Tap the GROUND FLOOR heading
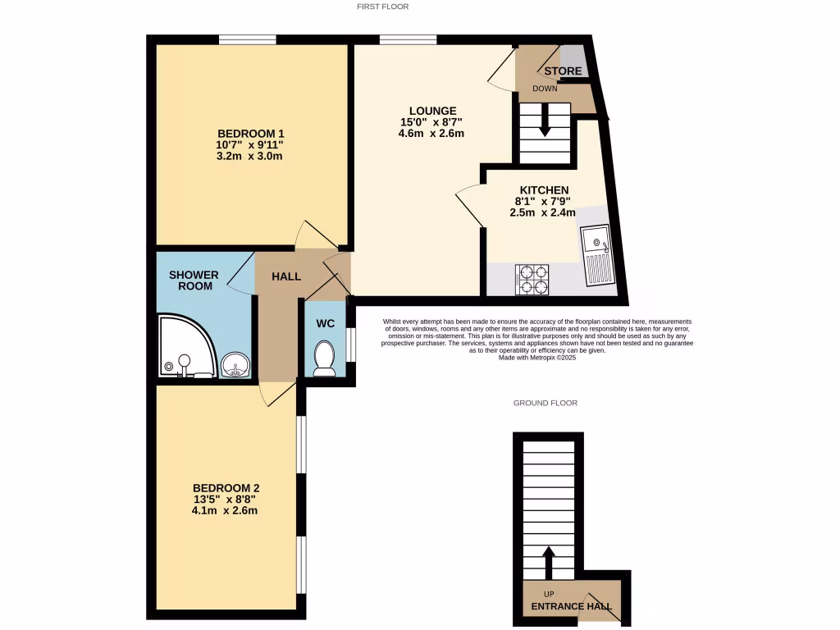(546, 403)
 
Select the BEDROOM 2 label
(226, 487)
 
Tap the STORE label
(563, 71)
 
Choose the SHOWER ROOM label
(194, 280)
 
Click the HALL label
(286, 276)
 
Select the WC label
(326, 323)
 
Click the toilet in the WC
(325, 358)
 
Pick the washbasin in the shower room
(237, 361)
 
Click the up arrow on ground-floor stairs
(549, 563)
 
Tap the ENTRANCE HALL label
(571, 607)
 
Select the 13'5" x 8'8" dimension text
(226, 499)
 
